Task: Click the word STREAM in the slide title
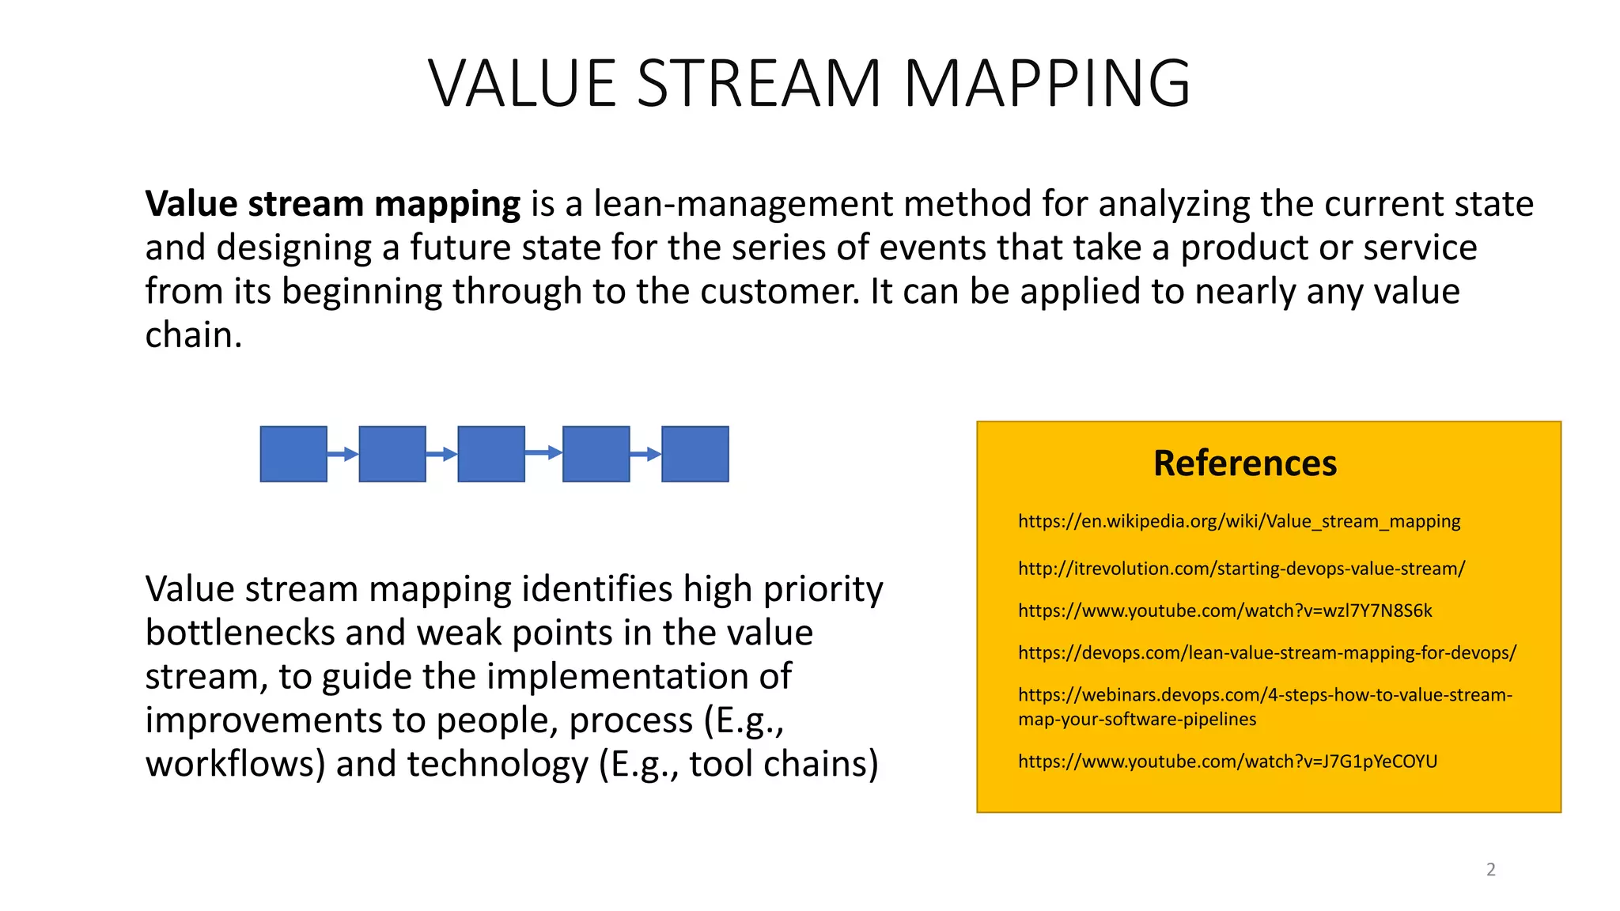point(759,84)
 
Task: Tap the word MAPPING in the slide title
point(1047,84)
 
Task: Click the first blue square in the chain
point(293,454)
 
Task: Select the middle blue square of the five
point(491,454)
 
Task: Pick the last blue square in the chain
point(695,454)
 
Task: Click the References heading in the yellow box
point(1245,463)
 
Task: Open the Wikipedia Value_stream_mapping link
point(1239,521)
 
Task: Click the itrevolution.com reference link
point(1241,569)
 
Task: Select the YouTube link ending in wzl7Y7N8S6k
point(1224,610)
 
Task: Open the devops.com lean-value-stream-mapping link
point(1267,652)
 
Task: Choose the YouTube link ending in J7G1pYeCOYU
point(1228,762)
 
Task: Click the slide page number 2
point(1491,870)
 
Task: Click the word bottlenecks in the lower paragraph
point(240,633)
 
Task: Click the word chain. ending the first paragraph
point(193,335)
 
